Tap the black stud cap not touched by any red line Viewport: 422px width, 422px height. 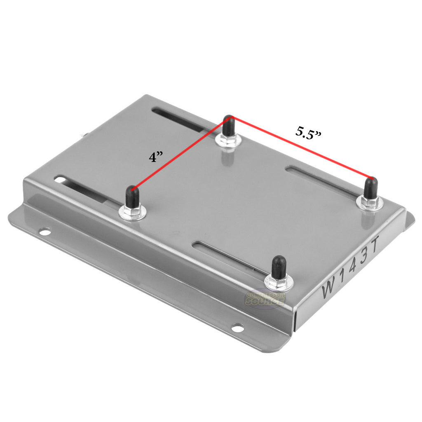point(279,265)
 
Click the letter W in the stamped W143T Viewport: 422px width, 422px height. point(330,287)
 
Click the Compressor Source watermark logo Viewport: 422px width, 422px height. point(265,298)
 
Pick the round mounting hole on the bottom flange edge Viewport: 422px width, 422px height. point(237,328)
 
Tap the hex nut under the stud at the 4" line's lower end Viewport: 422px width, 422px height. point(132,212)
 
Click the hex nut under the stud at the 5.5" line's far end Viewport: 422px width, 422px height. point(370,202)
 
